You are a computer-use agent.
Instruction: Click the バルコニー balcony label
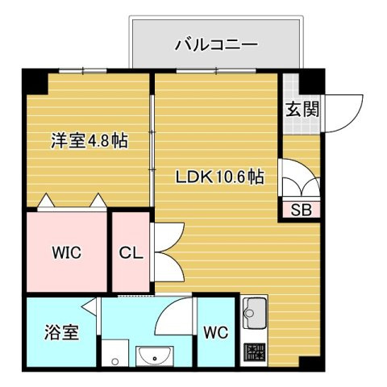(217, 44)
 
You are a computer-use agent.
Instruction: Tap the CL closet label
(131, 252)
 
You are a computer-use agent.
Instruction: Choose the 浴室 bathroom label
(61, 332)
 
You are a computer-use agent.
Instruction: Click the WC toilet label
(215, 332)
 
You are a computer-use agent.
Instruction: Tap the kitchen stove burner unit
(256, 352)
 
